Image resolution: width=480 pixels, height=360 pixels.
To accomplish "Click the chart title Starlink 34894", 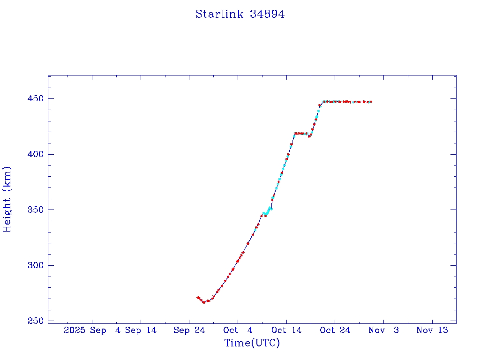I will pos(240,15).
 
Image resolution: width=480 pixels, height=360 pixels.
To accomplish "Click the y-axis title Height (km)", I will pos(7,199).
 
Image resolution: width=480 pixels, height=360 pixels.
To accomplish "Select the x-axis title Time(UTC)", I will pos(252,343).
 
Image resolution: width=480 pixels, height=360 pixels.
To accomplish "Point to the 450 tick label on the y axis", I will pos(35,99).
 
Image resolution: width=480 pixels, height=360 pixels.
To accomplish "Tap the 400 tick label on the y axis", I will pos(35,154).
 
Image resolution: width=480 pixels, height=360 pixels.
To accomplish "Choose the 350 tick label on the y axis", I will pos(35,210).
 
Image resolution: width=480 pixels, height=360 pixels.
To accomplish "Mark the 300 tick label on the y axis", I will pos(35,265).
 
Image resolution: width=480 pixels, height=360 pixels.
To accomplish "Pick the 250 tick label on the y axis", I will pos(35,321).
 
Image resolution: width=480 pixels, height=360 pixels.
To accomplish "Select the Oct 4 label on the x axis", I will pos(238,330).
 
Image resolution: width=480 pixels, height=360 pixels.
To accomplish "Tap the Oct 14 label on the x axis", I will pos(286,330).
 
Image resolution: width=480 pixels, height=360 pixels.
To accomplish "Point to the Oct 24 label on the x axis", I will pos(335,330).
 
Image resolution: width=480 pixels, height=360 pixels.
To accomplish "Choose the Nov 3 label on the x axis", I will pos(383,330).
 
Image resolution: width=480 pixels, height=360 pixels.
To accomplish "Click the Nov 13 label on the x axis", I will pos(432,330).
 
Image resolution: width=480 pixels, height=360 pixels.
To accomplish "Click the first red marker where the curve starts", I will pos(197,297).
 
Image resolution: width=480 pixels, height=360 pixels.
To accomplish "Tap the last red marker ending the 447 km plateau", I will pos(371,101).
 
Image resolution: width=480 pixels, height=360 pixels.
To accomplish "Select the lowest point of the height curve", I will pos(203,302).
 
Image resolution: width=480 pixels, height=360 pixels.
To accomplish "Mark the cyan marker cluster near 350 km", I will pos(267,212).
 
